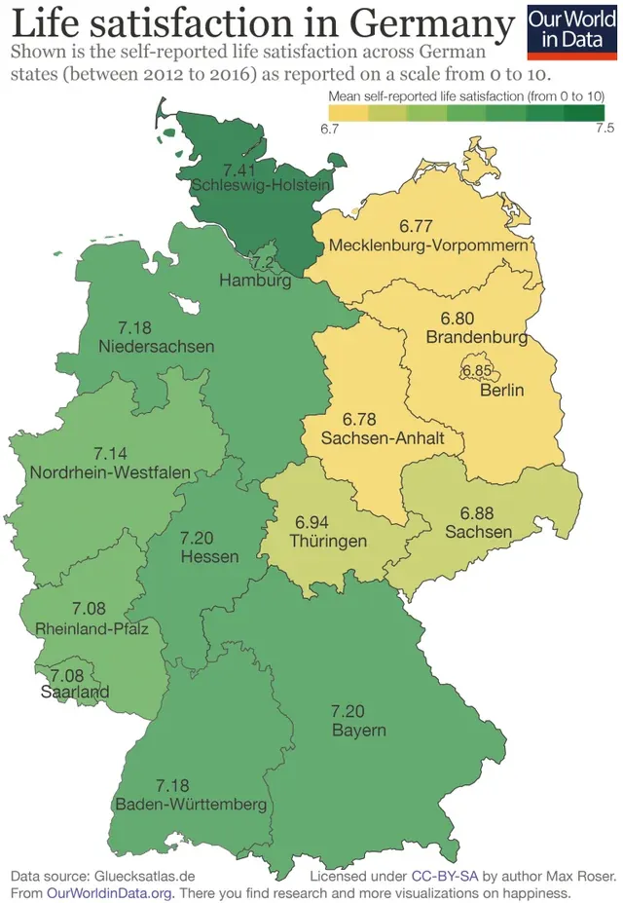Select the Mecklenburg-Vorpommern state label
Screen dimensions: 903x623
point(433,245)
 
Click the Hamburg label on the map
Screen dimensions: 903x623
point(255,281)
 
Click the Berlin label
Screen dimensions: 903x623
point(502,391)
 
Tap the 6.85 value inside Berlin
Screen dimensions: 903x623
point(478,371)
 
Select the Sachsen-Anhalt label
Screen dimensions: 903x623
point(383,438)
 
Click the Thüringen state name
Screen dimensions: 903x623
point(328,541)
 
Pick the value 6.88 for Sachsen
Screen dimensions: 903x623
point(478,513)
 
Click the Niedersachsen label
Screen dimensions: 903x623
point(157,346)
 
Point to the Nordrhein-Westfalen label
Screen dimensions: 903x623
point(110,472)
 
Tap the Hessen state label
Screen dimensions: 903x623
point(209,556)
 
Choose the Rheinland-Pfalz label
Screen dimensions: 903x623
point(92,628)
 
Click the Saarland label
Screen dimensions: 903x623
point(75,693)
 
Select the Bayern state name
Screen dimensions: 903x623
point(358,730)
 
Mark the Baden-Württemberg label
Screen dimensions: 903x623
point(191,805)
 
